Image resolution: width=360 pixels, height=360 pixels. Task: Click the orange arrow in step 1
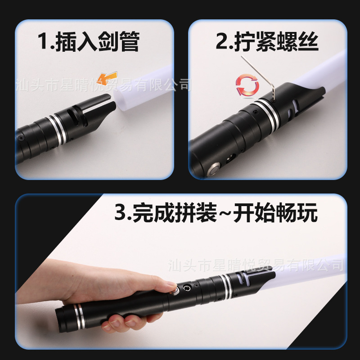[107, 78]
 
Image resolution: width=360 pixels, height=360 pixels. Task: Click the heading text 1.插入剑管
[89, 41]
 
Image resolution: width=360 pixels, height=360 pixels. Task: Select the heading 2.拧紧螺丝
[267, 41]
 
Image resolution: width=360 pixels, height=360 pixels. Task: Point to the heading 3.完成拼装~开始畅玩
[216, 212]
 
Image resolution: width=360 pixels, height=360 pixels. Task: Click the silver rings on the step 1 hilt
[58, 130]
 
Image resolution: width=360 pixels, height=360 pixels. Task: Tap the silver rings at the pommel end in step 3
[80, 316]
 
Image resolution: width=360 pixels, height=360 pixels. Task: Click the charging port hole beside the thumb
[186, 288]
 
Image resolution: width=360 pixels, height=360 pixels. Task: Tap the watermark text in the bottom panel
[256, 265]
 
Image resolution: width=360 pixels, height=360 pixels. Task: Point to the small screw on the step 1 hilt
[21, 138]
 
